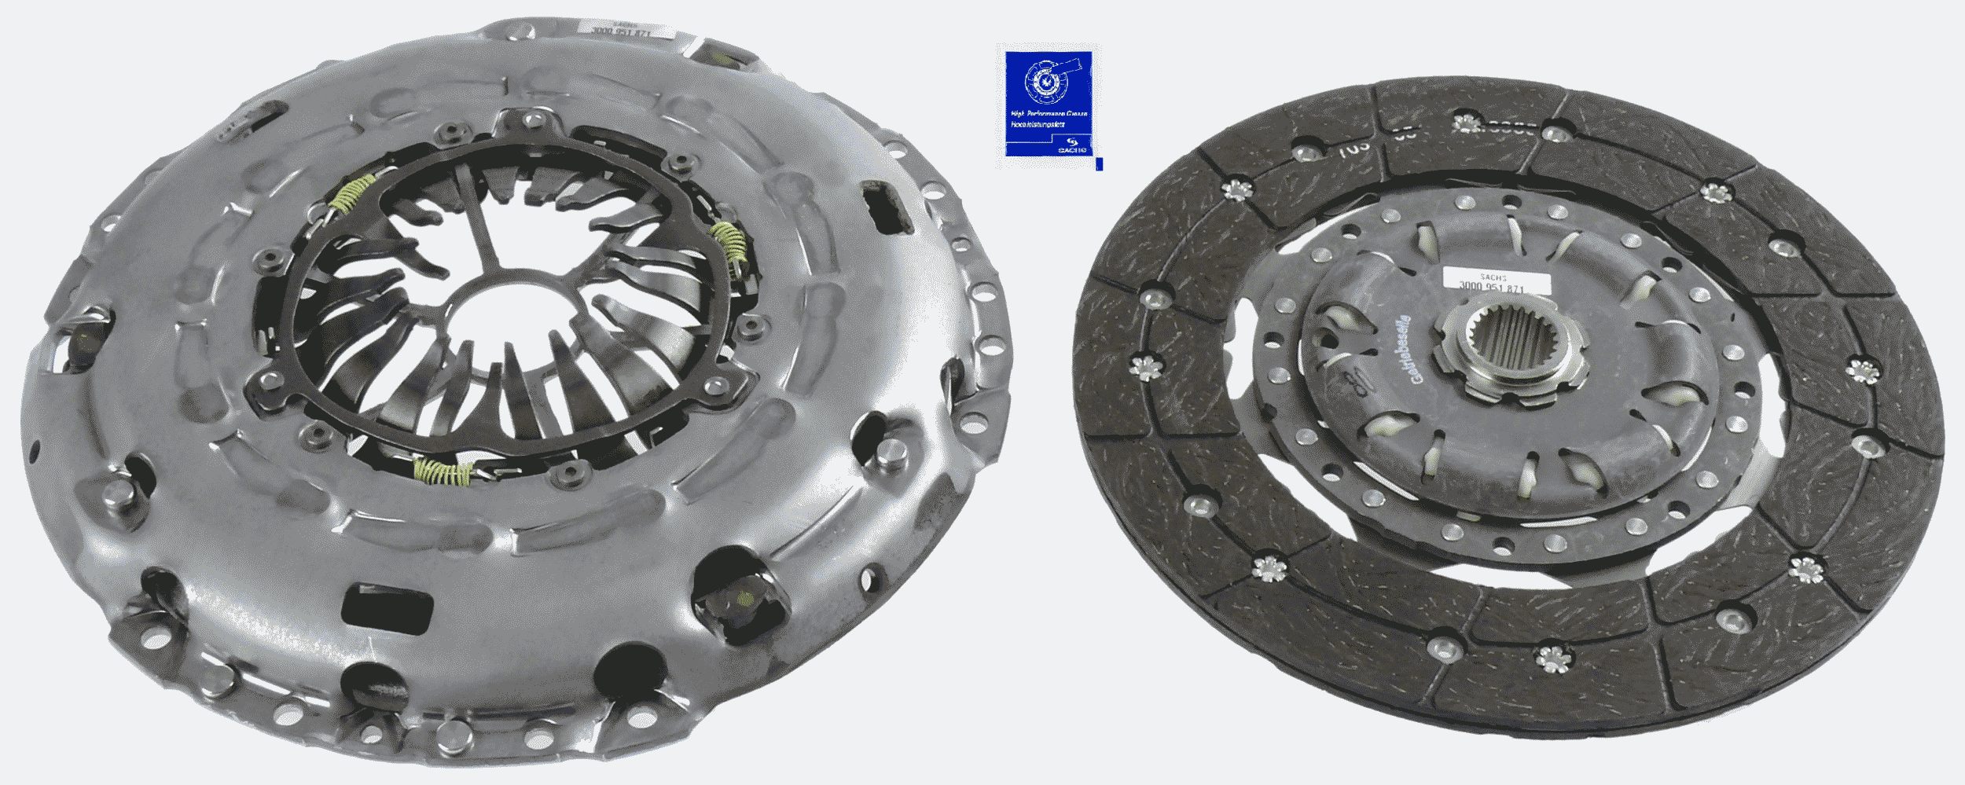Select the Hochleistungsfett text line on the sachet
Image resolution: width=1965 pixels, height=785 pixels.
click(1038, 126)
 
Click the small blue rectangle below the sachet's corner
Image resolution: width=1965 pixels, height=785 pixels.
click(1099, 163)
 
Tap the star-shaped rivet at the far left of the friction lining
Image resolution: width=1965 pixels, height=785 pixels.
click(1144, 366)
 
